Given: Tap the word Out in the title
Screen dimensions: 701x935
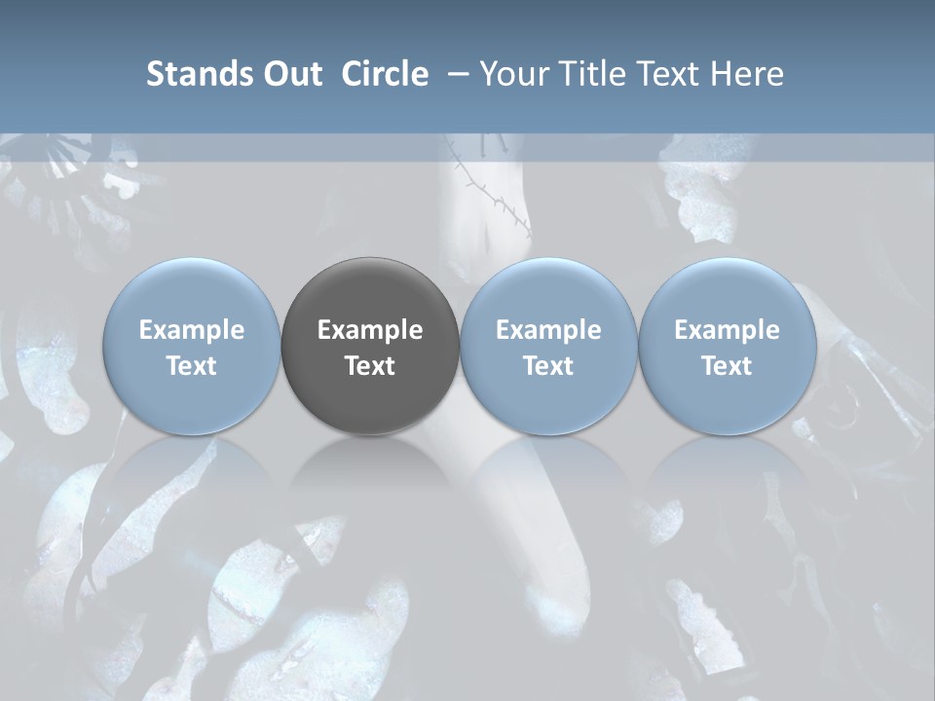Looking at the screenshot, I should point(290,74).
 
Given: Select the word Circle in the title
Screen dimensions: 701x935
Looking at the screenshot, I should point(385,74).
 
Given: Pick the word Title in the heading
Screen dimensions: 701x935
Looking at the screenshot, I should point(593,74).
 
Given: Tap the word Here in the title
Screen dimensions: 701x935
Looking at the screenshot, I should point(747,74).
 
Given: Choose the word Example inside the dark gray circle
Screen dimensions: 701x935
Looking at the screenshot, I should point(370,330).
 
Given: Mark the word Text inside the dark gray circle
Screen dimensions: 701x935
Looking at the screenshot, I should point(370,366).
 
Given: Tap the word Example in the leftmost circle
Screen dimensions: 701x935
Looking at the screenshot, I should point(191,330).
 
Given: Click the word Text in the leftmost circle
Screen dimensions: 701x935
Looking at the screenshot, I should point(191,366).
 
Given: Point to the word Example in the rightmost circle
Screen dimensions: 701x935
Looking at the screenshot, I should point(727,330).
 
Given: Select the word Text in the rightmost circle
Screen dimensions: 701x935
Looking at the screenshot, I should point(727,366).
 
